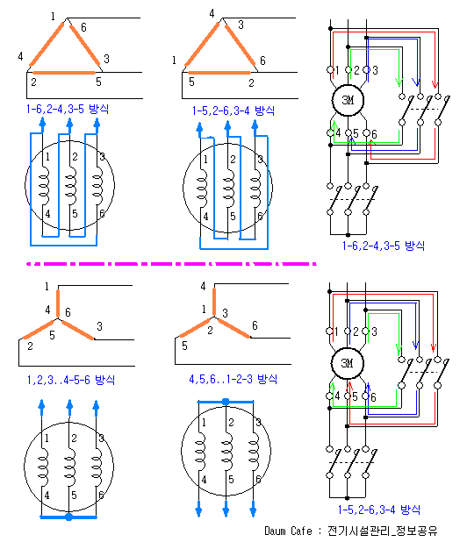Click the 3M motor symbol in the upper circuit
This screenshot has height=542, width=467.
[348, 100]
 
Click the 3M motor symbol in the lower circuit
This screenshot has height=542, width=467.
[348, 363]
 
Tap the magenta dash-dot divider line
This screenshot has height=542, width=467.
[171, 264]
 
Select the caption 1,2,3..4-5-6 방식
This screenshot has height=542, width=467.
[71, 380]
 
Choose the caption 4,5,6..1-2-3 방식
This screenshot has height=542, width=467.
[233, 379]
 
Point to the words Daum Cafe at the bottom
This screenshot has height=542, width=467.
[288, 531]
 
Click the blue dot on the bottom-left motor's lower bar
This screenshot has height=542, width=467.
[68, 517]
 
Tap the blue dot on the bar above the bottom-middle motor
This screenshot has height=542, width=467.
[226, 402]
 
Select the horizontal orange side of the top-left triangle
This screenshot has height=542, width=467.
[64, 73]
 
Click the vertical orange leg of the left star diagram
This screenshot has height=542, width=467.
[58, 303]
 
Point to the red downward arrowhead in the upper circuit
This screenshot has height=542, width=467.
[435, 84]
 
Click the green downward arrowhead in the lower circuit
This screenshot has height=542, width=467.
[399, 349]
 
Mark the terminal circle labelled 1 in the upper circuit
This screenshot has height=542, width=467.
[330, 70]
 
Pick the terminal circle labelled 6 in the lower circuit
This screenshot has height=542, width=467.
[365, 396]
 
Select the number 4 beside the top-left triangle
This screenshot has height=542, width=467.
[20, 56]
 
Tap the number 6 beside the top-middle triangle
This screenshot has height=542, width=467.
[262, 61]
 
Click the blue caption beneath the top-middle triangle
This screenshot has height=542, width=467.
[233, 111]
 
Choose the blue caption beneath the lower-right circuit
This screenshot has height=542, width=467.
[379, 510]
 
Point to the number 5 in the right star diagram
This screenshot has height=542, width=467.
[184, 346]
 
